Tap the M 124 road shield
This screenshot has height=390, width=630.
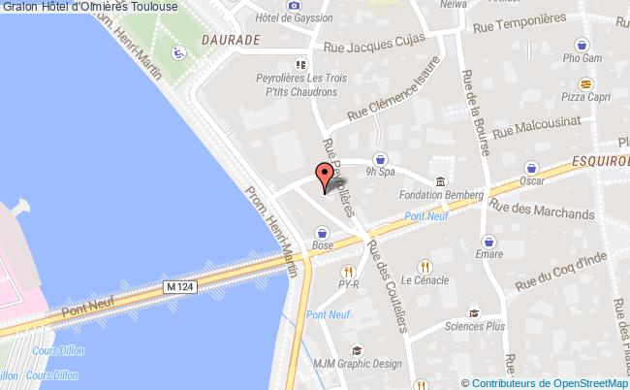176,287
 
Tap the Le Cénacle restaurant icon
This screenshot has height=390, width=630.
425,266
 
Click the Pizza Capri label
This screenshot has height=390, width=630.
583,98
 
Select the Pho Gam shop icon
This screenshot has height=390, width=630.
583,44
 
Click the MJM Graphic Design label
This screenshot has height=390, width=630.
358,365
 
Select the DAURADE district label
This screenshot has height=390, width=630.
232,42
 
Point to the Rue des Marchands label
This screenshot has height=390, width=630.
542,209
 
